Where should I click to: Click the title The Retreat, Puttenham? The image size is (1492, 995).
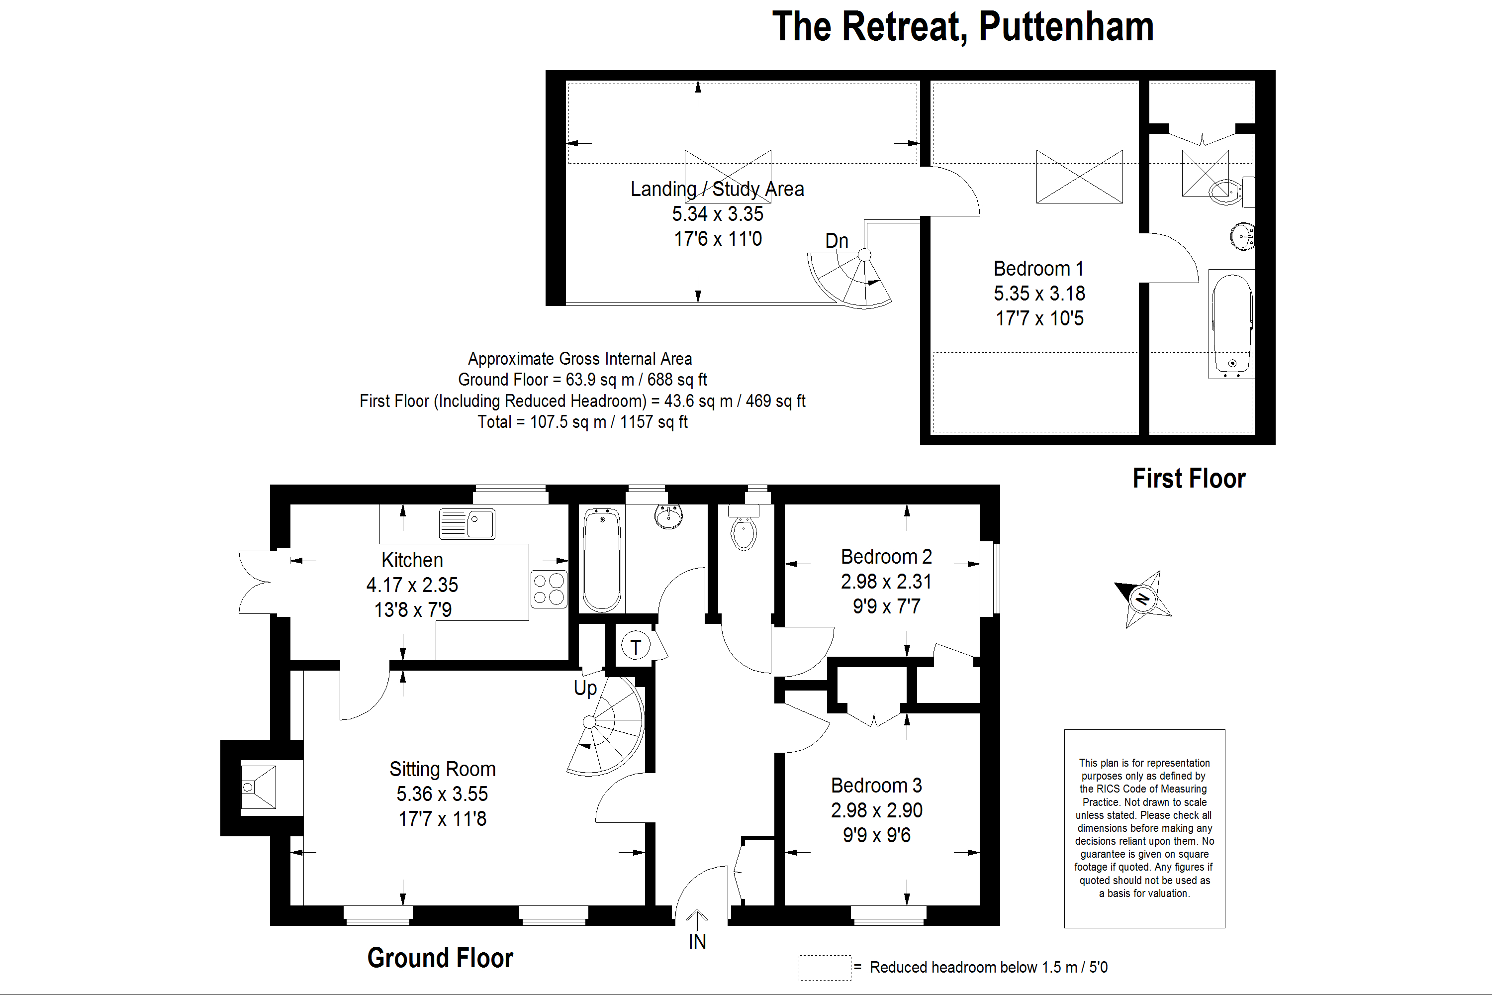(962, 27)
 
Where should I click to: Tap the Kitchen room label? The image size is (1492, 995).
(412, 560)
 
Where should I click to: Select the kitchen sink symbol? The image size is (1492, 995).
(467, 524)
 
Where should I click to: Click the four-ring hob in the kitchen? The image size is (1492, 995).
(549, 589)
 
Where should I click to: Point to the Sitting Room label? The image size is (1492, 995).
(442, 769)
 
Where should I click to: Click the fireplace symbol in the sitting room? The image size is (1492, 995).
(258, 787)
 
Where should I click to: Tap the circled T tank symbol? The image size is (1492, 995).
(636, 647)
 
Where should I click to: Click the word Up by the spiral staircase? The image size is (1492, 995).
(585, 689)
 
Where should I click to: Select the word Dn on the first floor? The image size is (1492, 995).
(836, 241)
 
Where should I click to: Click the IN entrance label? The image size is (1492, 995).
(697, 942)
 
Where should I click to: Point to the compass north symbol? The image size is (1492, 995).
(1143, 599)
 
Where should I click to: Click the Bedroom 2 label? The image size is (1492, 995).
(886, 557)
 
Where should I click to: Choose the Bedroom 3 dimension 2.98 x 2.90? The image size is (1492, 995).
(877, 810)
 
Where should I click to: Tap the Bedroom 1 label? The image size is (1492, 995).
(1038, 269)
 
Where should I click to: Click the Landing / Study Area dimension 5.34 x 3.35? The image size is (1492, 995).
(718, 214)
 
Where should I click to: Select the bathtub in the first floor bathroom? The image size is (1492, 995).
(1232, 324)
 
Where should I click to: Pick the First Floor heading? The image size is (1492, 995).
(1189, 479)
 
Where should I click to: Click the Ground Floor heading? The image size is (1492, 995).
(440, 958)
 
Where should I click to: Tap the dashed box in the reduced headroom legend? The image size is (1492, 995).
(824, 968)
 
